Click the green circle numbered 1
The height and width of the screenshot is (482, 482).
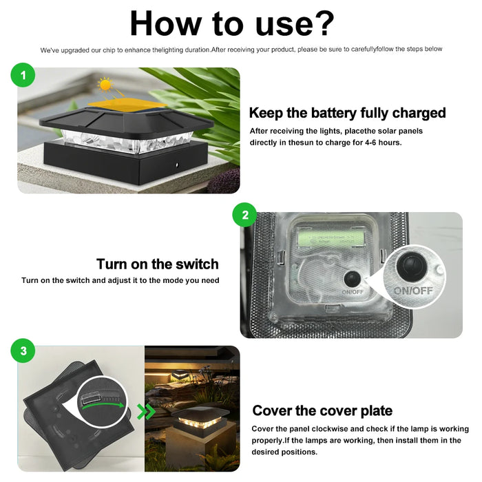[x=23, y=76]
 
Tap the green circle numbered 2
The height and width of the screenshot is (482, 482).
[x=244, y=215]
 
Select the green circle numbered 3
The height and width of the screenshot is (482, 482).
[x=23, y=351]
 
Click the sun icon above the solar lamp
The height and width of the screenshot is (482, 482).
[x=105, y=85]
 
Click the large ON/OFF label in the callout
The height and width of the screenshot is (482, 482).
[x=413, y=291]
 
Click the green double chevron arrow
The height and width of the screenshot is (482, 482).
[x=146, y=412]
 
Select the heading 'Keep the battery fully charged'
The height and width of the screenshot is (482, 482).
[x=347, y=113]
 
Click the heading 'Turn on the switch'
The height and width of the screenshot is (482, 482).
[x=157, y=264]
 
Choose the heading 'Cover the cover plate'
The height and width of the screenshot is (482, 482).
[x=322, y=411]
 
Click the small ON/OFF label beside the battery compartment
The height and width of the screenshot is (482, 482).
[x=351, y=292]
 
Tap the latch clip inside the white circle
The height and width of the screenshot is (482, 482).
[x=93, y=397]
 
